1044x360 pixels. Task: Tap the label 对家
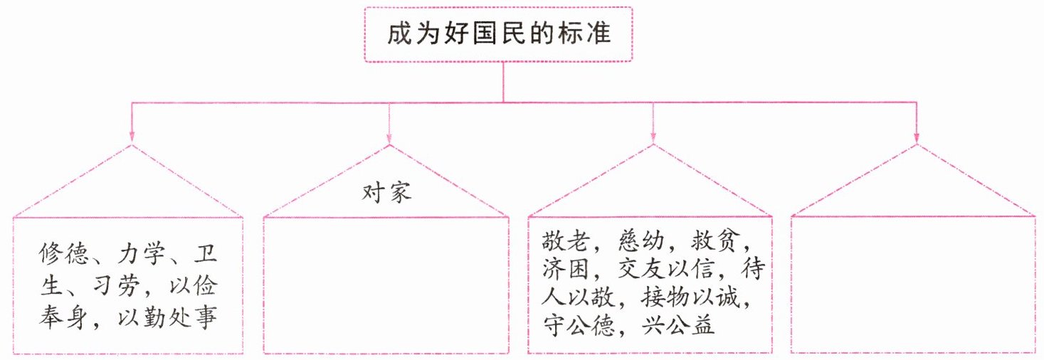coord(388,193)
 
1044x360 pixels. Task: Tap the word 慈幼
coord(643,240)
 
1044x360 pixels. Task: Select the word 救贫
coord(721,240)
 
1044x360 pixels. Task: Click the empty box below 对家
coord(387,284)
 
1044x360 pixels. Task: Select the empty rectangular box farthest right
coord(914,284)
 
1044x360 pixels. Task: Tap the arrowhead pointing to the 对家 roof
coord(389,136)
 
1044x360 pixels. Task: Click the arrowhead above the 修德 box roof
coord(131,136)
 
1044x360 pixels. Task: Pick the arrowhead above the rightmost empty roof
coord(916,136)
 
